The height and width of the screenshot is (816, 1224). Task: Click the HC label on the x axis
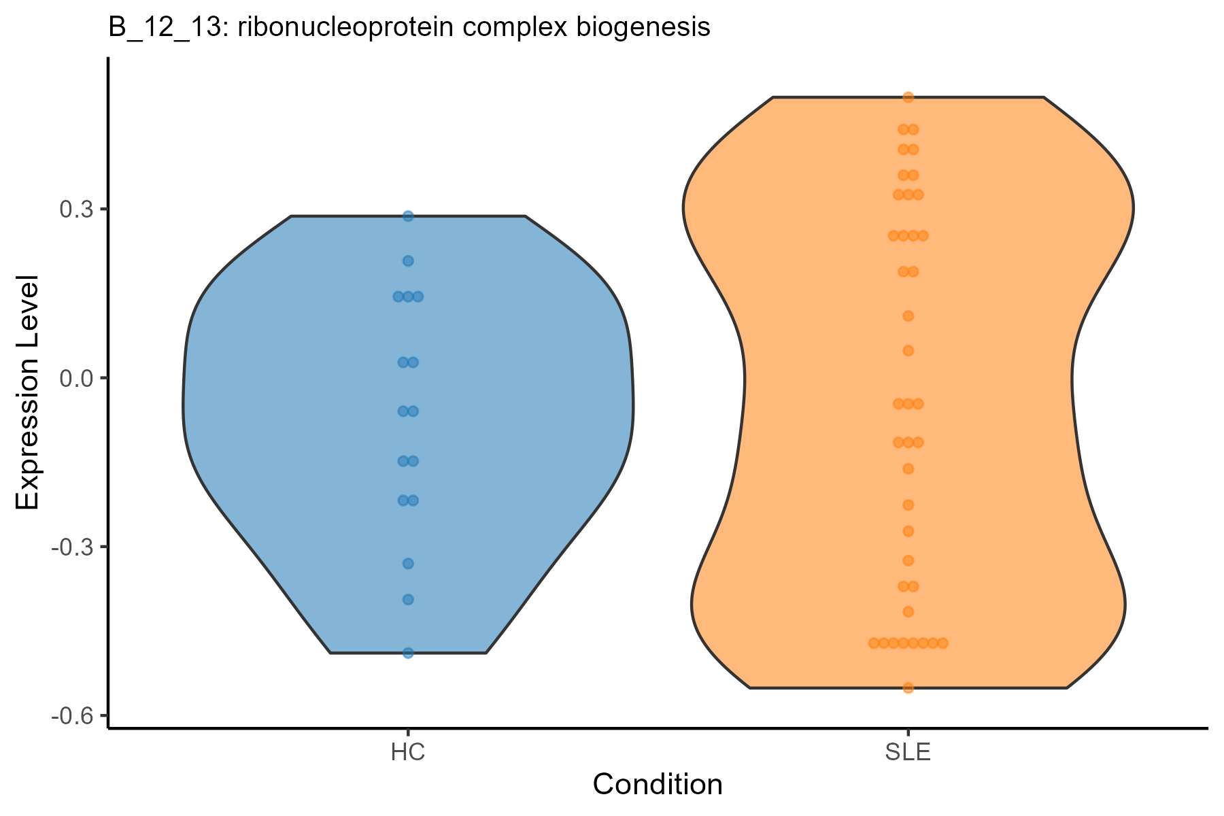408,753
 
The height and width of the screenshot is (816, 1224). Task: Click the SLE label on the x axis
908,753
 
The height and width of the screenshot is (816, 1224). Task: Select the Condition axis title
658,785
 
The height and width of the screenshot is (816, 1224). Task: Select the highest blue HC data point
408,216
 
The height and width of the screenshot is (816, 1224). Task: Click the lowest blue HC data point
408,653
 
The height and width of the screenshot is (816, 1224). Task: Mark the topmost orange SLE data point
908,97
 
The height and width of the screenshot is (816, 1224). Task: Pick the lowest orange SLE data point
908,687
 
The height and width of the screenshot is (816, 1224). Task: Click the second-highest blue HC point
408,260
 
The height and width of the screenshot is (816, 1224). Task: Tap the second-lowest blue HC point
408,599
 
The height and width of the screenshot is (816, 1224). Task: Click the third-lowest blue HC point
408,563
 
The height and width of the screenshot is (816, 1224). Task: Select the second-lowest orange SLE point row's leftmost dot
874,643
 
